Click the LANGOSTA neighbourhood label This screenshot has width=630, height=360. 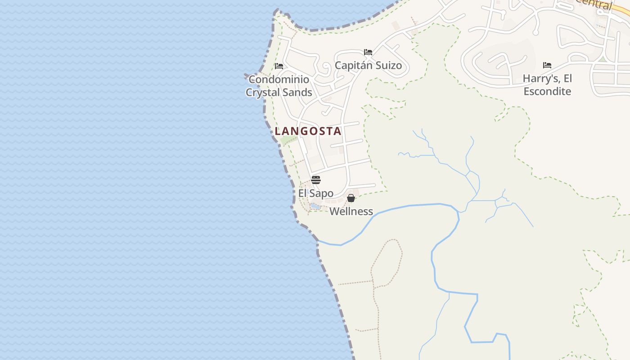(308, 131)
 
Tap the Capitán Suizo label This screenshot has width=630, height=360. (368, 66)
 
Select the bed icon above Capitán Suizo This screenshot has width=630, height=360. (368, 52)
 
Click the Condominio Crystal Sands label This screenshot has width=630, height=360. (279, 86)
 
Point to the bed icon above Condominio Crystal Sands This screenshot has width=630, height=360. (279, 66)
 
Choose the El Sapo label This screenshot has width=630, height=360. (315, 193)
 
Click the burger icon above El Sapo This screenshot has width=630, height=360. (316, 180)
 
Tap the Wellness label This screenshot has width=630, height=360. (351, 211)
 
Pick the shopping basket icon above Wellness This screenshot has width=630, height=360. (351, 198)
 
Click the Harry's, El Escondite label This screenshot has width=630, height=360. (547, 85)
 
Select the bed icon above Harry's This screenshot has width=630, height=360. (547, 65)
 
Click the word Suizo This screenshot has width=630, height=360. (388, 66)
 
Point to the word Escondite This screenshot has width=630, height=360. (547, 91)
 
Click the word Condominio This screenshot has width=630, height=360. (279, 80)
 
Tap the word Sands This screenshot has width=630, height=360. (297, 93)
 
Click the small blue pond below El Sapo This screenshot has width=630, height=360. (315, 206)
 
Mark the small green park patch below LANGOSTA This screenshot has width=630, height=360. (286, 140)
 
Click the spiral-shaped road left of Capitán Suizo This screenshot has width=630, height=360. (325, 69)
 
